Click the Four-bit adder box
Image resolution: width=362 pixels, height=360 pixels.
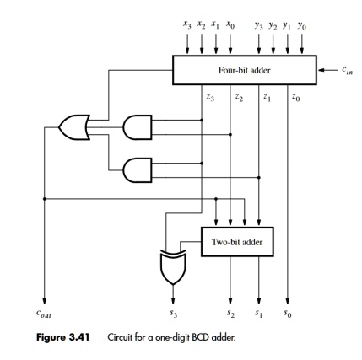(245, 70)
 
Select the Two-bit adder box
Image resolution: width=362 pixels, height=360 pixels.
(237, 242)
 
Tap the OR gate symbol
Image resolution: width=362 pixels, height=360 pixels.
(74, 127)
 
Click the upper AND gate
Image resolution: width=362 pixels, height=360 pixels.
(138, 127)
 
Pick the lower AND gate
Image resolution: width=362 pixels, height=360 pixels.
(138, 170)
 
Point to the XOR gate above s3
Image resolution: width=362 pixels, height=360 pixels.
(173, 267)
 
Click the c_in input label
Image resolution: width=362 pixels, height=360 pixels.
(347, 69)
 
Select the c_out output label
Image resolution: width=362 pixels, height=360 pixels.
(44, 314)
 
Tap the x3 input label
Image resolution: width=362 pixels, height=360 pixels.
(187, 25)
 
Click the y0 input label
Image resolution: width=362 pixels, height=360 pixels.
(302, 26)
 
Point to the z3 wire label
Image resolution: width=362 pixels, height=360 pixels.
(210, 98)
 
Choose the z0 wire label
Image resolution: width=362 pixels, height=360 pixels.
(295, 98)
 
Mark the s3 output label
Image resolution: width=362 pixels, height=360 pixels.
(174, 314)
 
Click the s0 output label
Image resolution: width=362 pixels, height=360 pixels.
(288, 314)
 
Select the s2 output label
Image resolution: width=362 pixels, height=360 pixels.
(230, 314)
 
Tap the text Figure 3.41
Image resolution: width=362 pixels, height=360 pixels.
(63, 337)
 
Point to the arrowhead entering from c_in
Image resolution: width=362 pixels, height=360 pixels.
(321, 70)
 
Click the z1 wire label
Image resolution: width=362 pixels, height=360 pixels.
(267, 98)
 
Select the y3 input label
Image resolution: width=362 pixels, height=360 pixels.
(259, 26)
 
